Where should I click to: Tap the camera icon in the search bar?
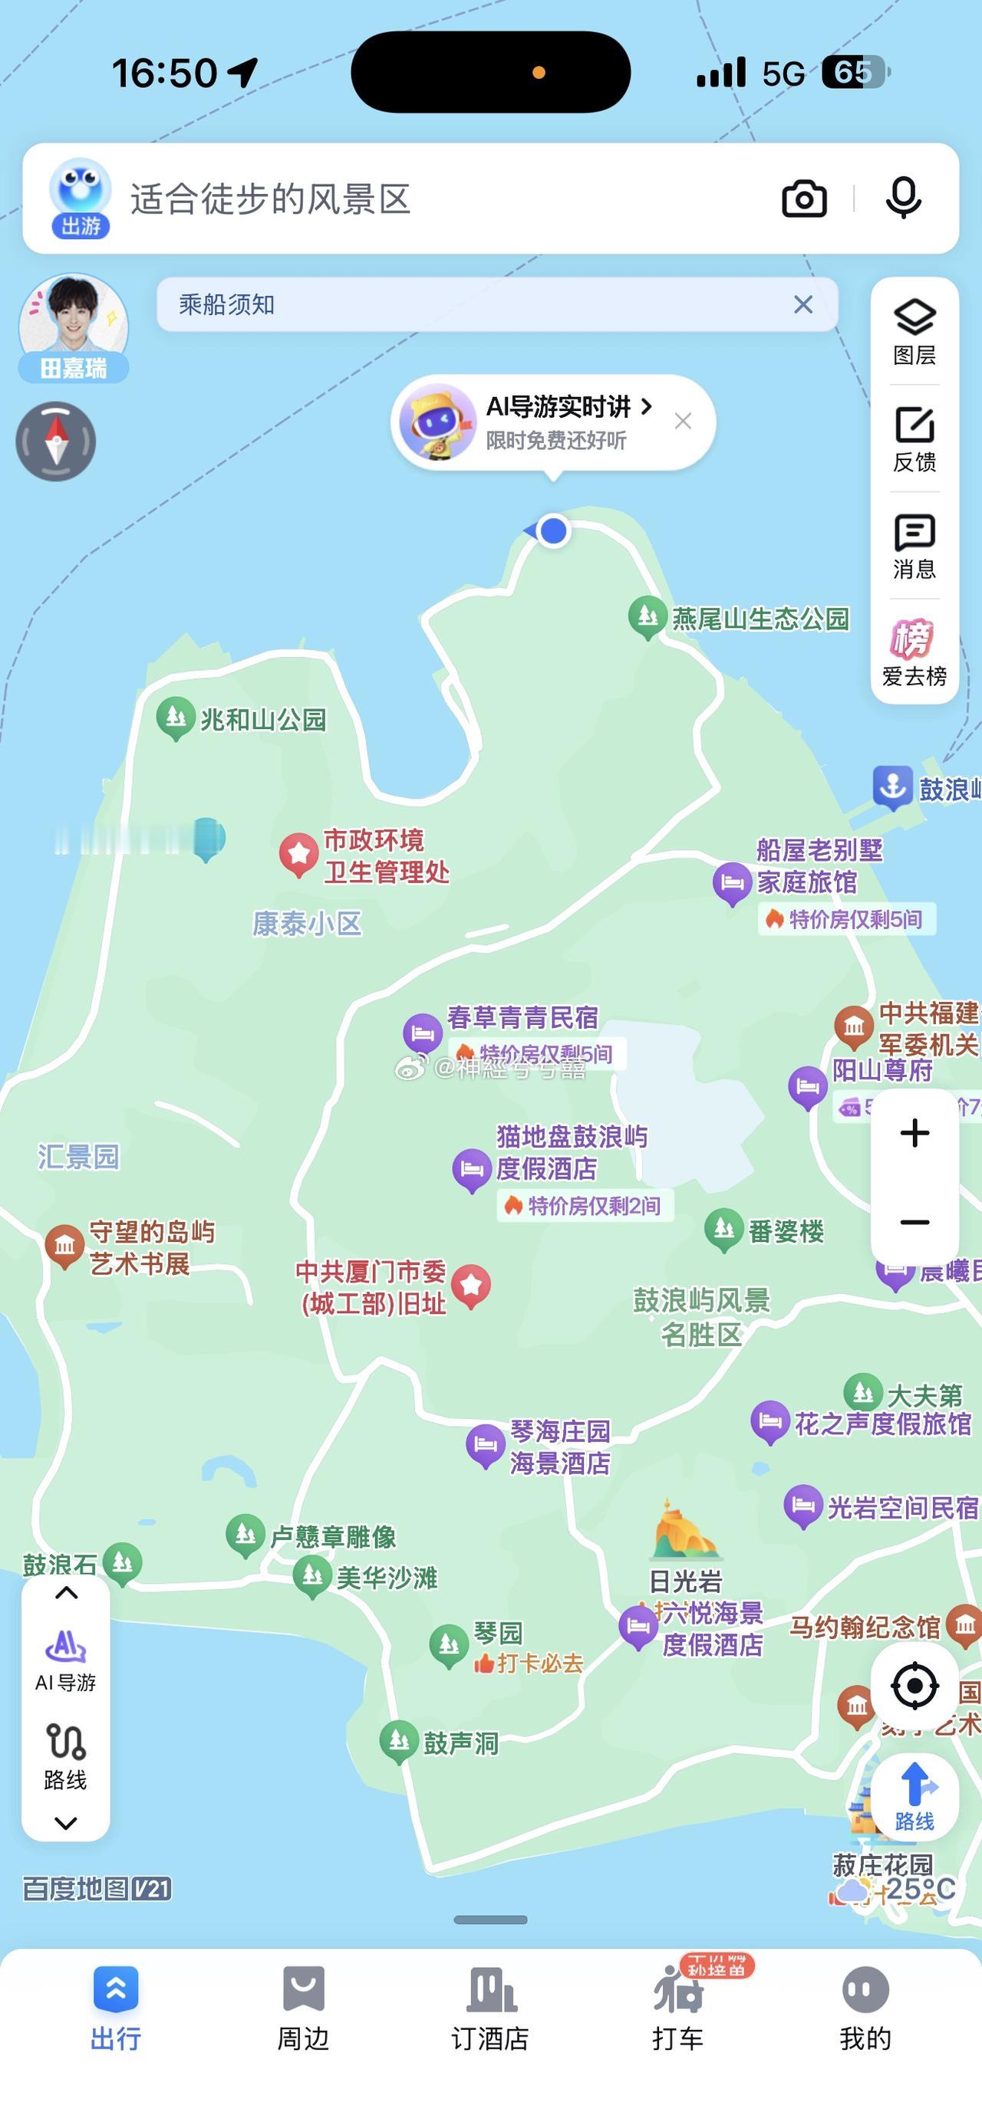pyautogui.click(x=804, y=199)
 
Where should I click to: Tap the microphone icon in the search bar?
pyautogui.click(x=904, y=199)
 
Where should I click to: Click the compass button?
pyautogui.click(x=55, y=442)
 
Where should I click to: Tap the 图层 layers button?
pyautogui.click(x=914, y=331)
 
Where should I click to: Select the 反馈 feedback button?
pyautogui.click(x=914, y=438)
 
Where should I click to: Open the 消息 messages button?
pyautogui.click(x=914, y=545)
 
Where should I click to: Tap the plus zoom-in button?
pyautogui.click(x=914, y=1132)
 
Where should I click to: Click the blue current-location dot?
pyautogui.click(x=553, y=531)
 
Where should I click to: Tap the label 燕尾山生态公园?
pyautogui.click(x=760, y=619)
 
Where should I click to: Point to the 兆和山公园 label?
pyautogui.click(x=263, y=720)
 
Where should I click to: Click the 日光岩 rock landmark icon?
pyautogui.click(x=684, y=1531)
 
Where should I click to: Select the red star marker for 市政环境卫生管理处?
pyautogui.click(x=298, y=853)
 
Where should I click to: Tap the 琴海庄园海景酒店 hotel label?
pyautogui.click(x=560, y=1447)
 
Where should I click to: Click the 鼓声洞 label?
pyautogui.click(x=460, y=1744)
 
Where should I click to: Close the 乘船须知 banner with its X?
pyautogui.click(x=803, y=304)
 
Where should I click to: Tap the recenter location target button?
pyautogui.click(x=914, y=1686)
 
